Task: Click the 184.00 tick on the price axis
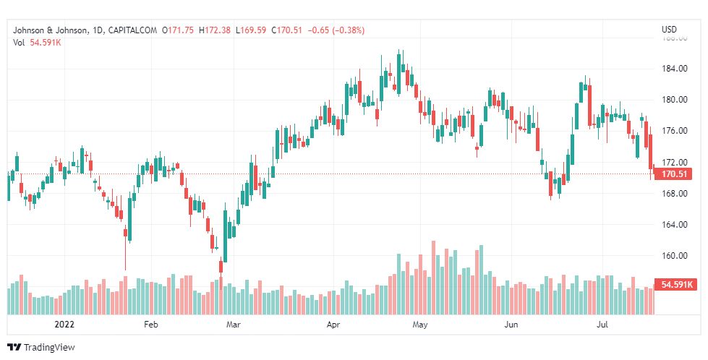(x=674, y=69)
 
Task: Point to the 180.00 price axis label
(x=674, y=100)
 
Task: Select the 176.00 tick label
(x=674, y=131)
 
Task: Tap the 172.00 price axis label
(x=674, y=162)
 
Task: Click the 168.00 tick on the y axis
(x=674, y=194)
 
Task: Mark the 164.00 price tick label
(x=674, y=225)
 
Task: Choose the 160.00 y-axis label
(x=674, y=256)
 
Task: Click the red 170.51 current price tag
(x=673, y=174)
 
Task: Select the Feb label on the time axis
(x=150, y=325)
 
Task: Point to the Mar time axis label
(x=233, y=325)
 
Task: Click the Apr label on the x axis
(x=333, y=325)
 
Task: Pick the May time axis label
(x=420, y=325)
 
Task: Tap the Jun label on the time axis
(x=511, y=325)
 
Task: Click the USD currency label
(x=669, y=30)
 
